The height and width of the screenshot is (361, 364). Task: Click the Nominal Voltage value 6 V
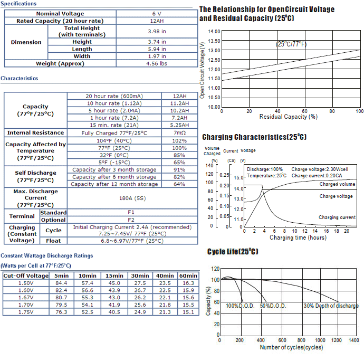[x=157, y=14]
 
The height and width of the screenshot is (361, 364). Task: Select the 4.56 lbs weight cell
[x=157, y=63]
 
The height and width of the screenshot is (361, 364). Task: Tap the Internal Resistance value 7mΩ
[x=179, y=132]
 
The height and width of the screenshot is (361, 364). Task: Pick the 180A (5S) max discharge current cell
[x=132, y=198]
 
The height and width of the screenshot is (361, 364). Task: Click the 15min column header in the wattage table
[x=114, y=275]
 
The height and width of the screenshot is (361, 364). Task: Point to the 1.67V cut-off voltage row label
[x=26, y=297]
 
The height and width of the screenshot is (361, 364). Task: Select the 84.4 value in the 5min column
[x=61, y=283]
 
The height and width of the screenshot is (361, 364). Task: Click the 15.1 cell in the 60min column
[x=188, y=312]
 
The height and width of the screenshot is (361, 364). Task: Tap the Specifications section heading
[x=18, y=4]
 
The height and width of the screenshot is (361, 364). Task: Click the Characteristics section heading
[x=20, y=78]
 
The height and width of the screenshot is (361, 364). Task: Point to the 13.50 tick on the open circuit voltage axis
[x=214, y=41]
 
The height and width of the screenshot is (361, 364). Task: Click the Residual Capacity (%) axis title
[x=289, y=117]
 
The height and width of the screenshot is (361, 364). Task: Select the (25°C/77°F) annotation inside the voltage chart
[x=291, y=44]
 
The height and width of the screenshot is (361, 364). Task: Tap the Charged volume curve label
[x=337, y=184]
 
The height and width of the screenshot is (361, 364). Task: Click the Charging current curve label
[x=337, y=217]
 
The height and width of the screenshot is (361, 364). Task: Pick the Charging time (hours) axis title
[x=298, y=237]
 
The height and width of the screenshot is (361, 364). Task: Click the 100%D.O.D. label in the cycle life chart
[x=240, y=306]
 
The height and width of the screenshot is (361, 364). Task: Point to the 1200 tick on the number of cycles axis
[x=337, y=340]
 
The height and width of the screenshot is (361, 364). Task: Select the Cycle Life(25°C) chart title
[x=233, y=252]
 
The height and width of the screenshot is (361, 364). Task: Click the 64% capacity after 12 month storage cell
[x=179, y=184]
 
